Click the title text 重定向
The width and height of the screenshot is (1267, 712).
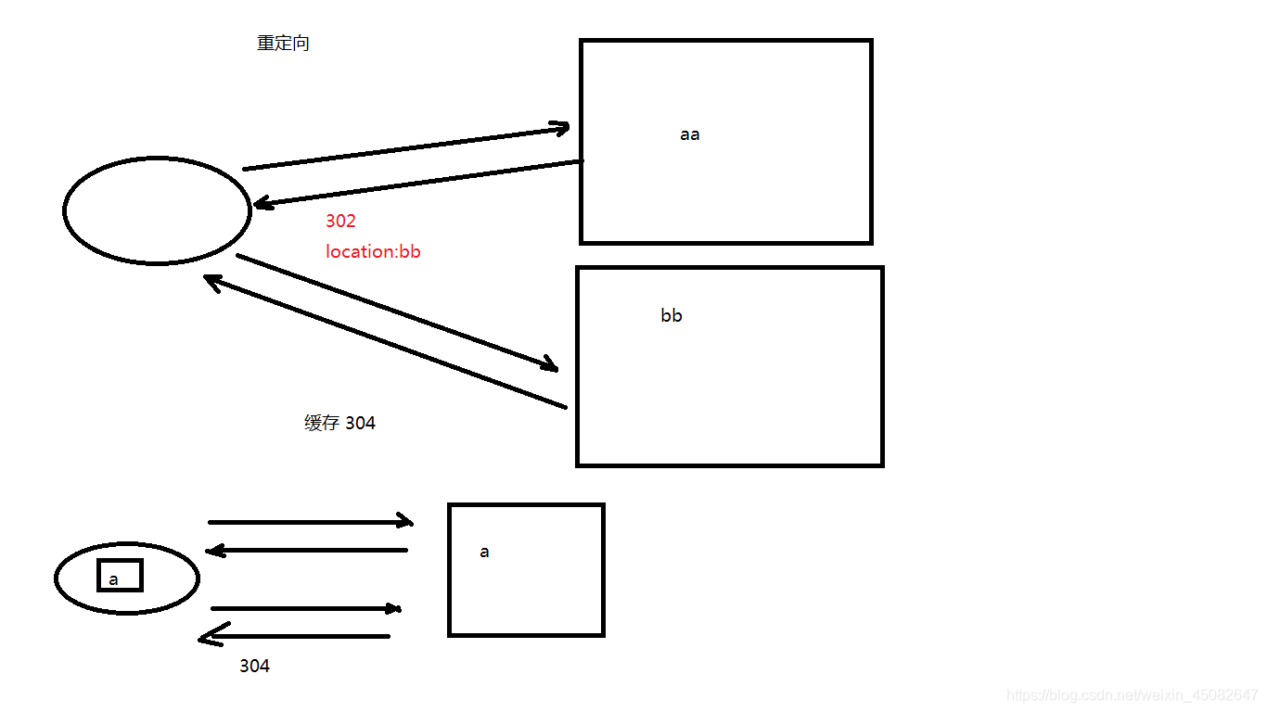283,44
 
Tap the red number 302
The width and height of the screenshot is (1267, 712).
340,222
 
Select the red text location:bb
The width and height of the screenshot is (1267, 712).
373,251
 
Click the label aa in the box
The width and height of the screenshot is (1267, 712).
689,134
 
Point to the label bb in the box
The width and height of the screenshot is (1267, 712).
672,316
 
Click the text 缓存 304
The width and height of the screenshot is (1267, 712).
339,424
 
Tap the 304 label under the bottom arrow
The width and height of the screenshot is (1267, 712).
254,666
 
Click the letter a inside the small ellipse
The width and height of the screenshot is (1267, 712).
113,580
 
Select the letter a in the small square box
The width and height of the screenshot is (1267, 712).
484,553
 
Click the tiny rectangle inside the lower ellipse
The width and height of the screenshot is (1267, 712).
121,576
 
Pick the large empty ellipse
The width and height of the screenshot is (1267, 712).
157,210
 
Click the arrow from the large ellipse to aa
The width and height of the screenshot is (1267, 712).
406,148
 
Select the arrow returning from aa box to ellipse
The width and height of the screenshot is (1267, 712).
417,183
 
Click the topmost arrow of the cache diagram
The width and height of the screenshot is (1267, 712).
310,522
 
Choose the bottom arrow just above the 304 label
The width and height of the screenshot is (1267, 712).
295,636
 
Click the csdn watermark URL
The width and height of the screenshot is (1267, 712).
1132,695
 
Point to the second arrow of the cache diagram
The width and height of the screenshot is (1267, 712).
306,551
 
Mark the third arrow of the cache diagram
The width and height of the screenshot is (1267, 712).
305,608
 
